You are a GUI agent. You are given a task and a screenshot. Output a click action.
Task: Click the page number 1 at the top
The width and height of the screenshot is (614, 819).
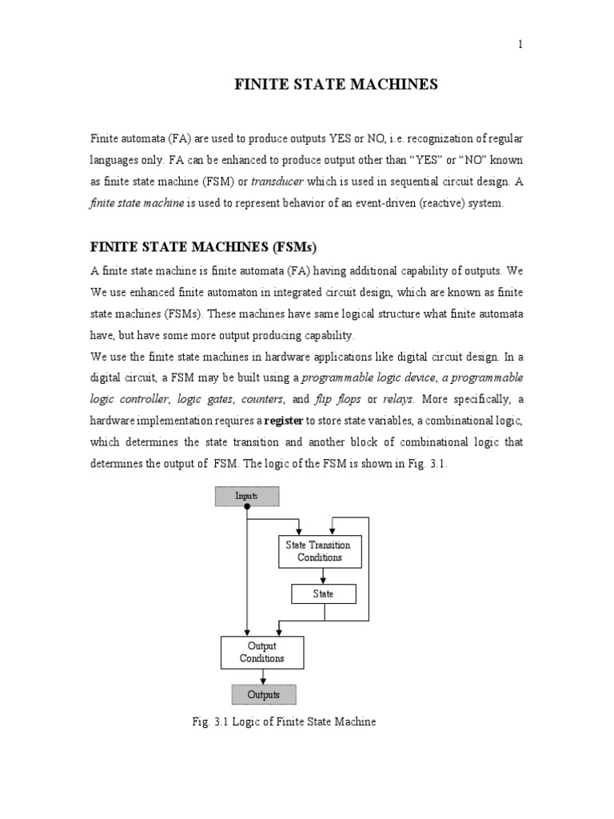coord(520,45)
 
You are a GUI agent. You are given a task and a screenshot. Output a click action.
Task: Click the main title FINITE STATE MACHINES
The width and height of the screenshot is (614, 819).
coord(336,85)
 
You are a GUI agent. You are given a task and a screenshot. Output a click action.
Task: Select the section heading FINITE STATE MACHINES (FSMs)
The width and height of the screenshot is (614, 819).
coord(209,246)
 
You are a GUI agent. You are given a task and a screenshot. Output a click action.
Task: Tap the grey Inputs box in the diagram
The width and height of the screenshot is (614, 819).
coord(246,497)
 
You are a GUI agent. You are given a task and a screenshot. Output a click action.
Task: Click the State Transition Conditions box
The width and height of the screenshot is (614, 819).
coord(319,552)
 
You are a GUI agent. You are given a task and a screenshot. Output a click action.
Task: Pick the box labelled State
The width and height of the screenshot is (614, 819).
coord(323,594)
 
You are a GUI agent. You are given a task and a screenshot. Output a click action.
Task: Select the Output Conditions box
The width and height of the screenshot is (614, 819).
coord(261,653)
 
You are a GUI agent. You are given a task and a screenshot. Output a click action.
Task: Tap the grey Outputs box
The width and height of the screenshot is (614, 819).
coord(263,694)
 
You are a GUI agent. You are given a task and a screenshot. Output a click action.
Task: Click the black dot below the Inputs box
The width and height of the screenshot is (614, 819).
coord(247,507)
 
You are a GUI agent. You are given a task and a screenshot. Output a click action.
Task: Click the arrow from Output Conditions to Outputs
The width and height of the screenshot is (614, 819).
coord(263,677)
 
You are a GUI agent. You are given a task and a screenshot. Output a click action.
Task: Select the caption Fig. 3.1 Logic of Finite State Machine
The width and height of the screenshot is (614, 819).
coord(284,721)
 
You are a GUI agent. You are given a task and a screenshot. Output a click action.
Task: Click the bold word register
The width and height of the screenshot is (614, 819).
coord(284,421)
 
